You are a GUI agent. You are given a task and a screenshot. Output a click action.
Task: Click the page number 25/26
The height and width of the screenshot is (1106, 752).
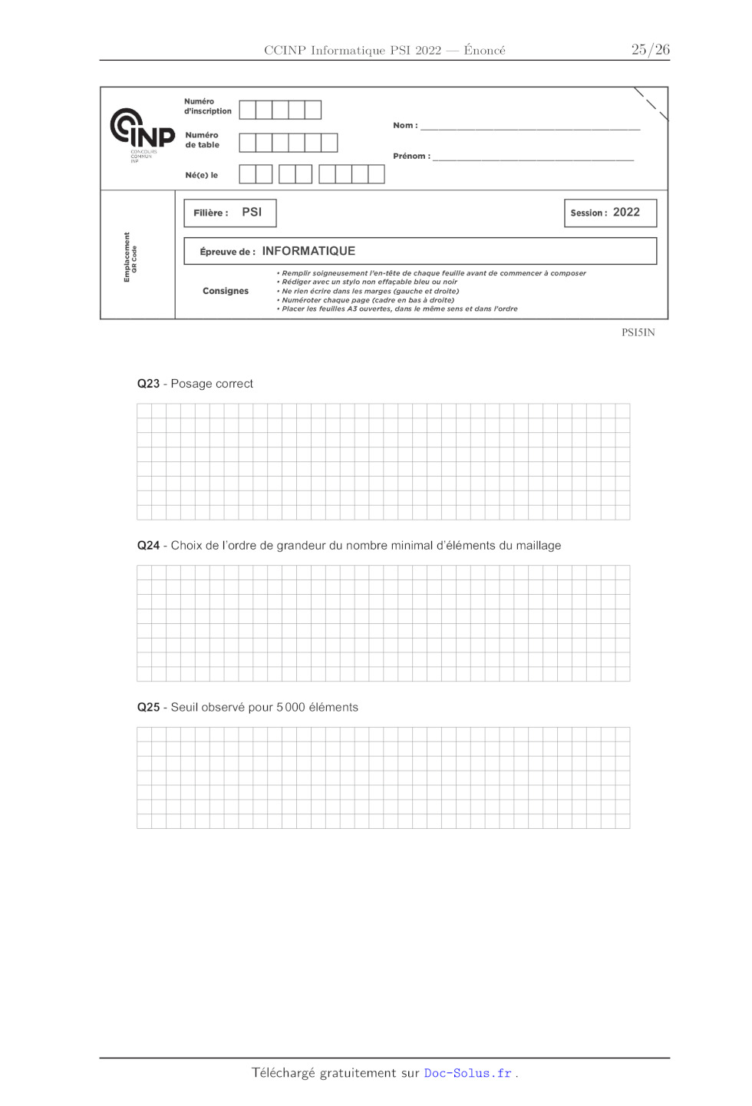pyautogui.click(x=650, y=50)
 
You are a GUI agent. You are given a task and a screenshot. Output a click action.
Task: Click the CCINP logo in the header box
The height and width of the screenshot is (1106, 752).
pyautogui.click(x=142, y=132)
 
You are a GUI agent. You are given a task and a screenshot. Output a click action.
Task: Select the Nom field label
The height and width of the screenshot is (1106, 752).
pyautogui.click(x=405, y=126)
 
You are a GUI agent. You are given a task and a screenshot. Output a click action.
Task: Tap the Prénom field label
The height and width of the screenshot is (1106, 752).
pyautogui.click(x=411, y=157)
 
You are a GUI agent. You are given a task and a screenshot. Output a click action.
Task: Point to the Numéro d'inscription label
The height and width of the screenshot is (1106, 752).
pyautogui.click(x=207, y=107)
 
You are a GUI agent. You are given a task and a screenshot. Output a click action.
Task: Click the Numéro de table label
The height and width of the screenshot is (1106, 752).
pyautogui.click(x=202, y=140)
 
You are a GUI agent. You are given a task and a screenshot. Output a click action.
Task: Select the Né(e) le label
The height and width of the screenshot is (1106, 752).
pyautogui.click(x=201, y=176)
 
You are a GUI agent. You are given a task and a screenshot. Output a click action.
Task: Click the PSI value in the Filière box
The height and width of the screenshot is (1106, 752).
pyautogui.click(x=252, y=213)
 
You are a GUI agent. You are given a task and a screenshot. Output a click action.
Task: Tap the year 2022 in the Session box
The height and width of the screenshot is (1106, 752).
pyautogui.click(x=626, y=213)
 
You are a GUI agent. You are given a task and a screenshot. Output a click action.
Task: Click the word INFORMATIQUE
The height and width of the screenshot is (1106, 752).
pyautogui.click(x=308, y=252)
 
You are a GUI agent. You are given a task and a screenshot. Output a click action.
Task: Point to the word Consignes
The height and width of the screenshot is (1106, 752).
pyautogui.click(x=226, y=292)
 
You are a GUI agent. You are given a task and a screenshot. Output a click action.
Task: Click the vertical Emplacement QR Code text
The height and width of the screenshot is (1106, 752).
pyautogui.click(x=130, y=257)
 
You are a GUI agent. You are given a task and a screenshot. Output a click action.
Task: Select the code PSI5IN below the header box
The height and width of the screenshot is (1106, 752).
pyautogui.click(x=638, y=333)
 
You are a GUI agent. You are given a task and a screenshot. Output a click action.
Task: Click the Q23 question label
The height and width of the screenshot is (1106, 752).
pyautogui.click(x=148, y=384)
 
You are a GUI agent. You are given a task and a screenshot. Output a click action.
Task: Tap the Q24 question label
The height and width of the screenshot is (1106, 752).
pyautogui.click(x=148, y=546)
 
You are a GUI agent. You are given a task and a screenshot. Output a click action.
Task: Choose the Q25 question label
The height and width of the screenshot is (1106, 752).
pyautogui.click(x=148, y=708)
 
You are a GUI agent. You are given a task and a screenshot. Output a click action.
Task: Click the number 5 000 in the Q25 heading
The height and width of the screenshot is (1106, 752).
pyautogui.click(x=291, y=708)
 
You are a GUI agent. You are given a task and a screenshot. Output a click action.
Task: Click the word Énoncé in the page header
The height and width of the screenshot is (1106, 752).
pyautogui.click(x=484, y=51)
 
